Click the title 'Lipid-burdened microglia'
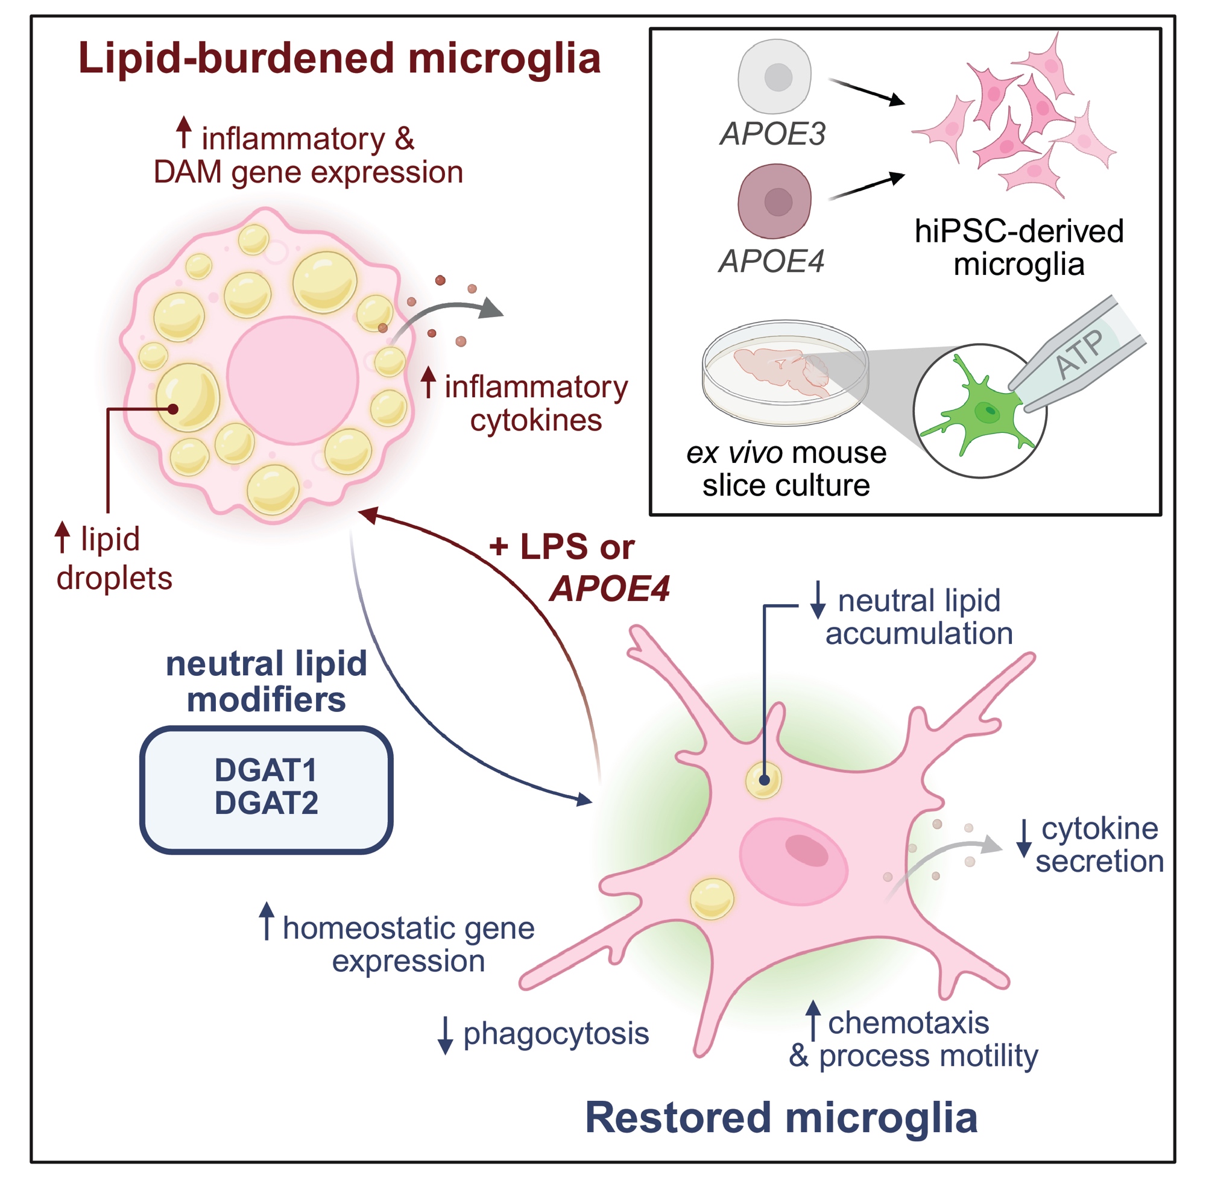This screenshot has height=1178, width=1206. point(339,58)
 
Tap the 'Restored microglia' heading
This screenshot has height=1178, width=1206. point(781,1117)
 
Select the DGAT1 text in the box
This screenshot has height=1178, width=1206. point(265,770)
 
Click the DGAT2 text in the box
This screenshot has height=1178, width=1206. point(266,802)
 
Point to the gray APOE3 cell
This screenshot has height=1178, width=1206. point(774,77)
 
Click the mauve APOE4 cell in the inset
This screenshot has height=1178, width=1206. point(774,201)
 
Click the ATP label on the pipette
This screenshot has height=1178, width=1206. point(1079,353)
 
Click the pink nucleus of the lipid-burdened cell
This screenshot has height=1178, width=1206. point(292,380)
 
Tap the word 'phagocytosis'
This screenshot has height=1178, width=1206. point(555,1033)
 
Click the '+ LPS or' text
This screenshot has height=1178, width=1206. point(561,547)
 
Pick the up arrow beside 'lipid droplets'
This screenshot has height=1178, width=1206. point(62,537)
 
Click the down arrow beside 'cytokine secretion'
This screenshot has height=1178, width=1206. point(1024,838)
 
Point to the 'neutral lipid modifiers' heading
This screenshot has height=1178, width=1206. point(266,681)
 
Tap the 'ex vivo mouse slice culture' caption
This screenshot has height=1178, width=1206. point(786,469)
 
